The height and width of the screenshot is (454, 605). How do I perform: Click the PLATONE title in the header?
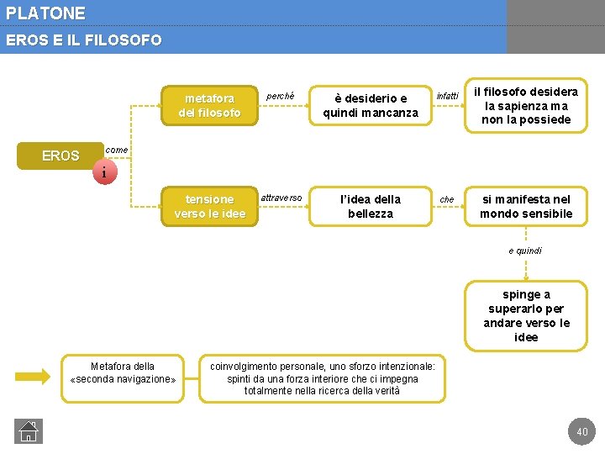[x=45, y=13]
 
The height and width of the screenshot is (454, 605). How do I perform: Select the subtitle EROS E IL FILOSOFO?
[x=83, y=40]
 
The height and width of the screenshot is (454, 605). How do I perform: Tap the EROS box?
[x=60, y=156]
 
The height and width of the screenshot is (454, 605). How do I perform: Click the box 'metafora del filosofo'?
[x=209, y=105]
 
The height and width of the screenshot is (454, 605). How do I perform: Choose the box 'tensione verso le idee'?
[x=209, y=206]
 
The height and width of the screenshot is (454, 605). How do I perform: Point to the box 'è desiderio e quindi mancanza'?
[x=371, y=105]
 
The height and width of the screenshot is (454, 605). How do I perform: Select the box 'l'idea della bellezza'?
[x=371, y=206]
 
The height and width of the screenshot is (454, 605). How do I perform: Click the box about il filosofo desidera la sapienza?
[x=526, y=105]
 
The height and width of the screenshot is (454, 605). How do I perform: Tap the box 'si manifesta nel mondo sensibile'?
[x=526, y=206]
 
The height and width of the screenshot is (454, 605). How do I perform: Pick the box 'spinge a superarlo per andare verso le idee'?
[x=526, y=315]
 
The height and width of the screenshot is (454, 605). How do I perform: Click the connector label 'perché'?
[x=281, y=96]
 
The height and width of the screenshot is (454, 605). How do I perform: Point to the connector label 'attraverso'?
[x=281, y=198]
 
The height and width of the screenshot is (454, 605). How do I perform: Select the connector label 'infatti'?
[x=447, y=96]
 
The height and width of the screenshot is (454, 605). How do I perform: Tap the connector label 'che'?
[x=447, y=199]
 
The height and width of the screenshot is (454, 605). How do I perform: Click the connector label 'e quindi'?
[x=525, y=251]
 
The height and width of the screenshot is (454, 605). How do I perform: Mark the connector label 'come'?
[x=117, y=150]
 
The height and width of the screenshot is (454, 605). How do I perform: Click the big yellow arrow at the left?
[x=34, y=375]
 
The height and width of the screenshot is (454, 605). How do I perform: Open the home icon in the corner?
[x=28, y=431]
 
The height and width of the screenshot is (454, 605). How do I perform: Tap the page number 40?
[x=581, y=432]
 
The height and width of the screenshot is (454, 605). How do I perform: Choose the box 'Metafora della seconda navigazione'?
[x=123, y=372]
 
